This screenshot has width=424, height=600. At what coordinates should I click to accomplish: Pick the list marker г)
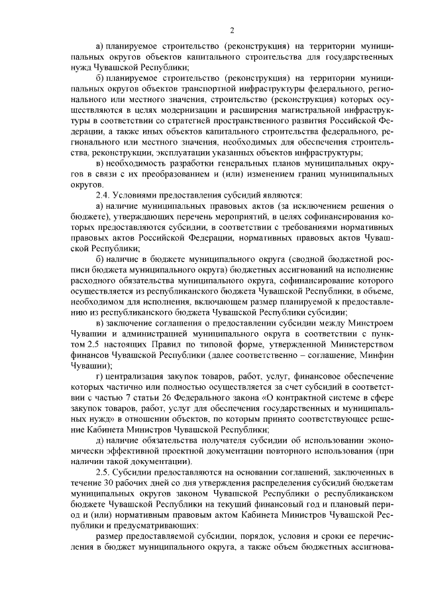100,376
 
